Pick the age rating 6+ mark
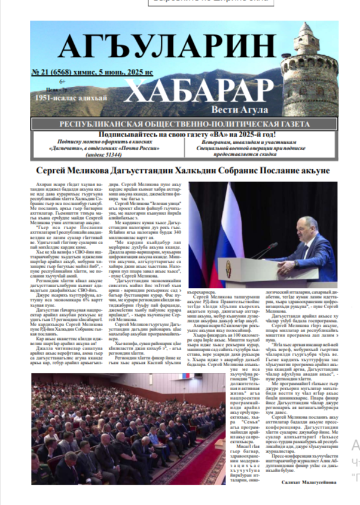coord(63,80)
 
